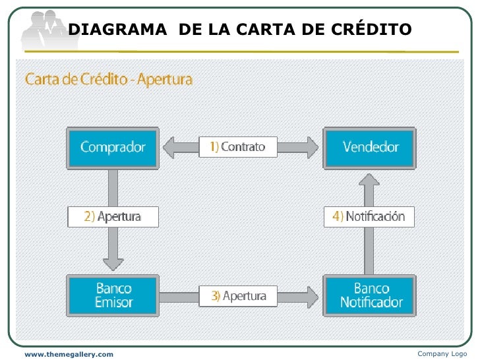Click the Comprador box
coord(113,147)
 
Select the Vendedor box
coord(371,147)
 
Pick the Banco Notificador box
coord(371,295)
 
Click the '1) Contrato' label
coord(238,147)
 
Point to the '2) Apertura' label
coord(113,217)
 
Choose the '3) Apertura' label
coord(239,296)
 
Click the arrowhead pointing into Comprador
coord(169,147)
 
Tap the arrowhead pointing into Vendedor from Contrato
coord(313,147)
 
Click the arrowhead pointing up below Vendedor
coord(371,182)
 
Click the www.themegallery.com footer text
coord(69,355)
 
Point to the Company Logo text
coord(442,354)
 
